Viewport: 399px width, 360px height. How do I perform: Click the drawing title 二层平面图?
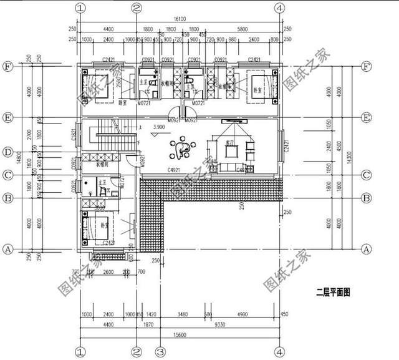coord(335,290)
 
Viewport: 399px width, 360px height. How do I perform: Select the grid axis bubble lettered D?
coord(8,152)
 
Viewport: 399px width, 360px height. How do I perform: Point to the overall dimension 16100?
coord(180,21)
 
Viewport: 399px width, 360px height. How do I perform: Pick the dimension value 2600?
coord(108,271)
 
